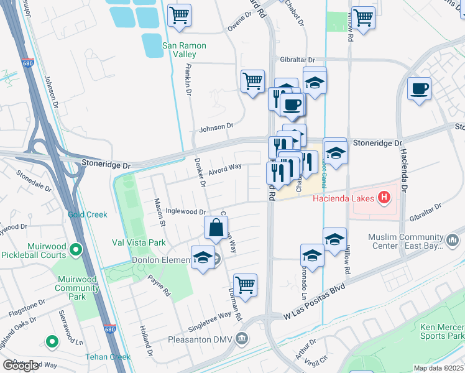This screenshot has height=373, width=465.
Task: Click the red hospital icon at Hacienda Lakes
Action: tap(384, 198)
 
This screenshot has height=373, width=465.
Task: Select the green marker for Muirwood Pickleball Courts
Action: tap(76, 251)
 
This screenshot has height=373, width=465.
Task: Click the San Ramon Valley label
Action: tap(183, 50)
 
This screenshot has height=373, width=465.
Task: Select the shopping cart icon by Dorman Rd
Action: tap(246, 285)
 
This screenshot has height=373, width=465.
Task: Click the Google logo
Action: tap(21, 365)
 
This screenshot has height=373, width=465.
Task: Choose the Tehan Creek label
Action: tap(109, 357)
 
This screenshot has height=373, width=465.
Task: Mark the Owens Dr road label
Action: tap(241, 27)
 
